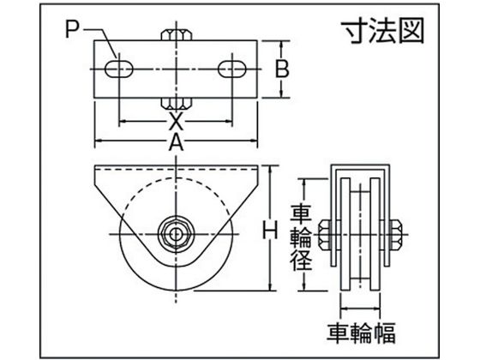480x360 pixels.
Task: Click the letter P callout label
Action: (72, 30)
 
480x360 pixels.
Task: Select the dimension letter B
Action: (282, 69)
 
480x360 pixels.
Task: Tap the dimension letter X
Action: (176, 121)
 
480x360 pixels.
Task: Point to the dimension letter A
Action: (176, 141)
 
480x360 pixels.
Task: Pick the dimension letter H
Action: (270, 230)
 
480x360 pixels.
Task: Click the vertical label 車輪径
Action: (301, 237)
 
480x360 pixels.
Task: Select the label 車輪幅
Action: (361, 333)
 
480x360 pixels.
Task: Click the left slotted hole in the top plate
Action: (119, 69)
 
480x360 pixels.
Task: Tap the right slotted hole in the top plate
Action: (232, 69)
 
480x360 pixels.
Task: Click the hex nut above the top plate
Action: (177, 35)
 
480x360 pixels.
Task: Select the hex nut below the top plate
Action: (177, 104)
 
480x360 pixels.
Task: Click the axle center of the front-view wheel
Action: (176, 235)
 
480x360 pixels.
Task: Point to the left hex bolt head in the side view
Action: (325, 235)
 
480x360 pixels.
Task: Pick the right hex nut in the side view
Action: (396, 235)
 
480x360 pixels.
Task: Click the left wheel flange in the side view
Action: (345, 234)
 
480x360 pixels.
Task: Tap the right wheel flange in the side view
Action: (375, 234)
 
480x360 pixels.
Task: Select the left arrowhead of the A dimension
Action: (99, 141)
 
